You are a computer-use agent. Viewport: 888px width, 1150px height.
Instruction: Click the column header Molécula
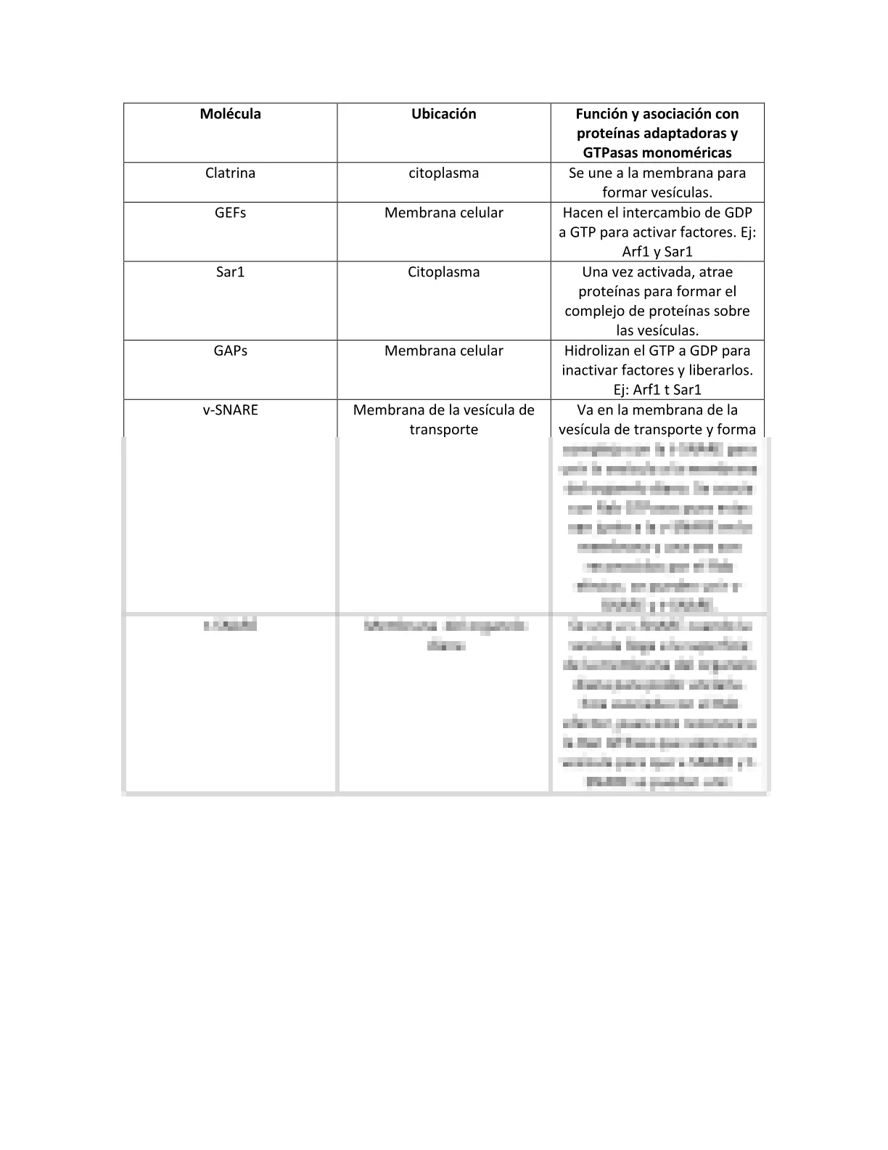tap(230, 114)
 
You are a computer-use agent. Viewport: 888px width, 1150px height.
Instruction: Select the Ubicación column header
tap(443, 114)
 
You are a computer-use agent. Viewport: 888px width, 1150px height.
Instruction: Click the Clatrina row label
tap(230, 174)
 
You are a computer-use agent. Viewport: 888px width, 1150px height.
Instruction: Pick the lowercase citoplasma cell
tap(443, 174)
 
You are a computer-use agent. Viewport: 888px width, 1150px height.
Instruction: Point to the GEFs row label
tap(230, 213)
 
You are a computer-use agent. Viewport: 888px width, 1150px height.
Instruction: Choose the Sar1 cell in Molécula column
tap(230, 272)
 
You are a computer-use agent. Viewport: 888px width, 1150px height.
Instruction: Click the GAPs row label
tap(230, 351)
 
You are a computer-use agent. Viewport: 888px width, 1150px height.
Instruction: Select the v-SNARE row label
tap(230, 410)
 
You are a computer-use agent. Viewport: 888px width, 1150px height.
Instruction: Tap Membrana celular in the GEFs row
tap(443, 213)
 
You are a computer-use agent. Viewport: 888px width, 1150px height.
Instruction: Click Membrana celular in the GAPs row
tap(443, 351)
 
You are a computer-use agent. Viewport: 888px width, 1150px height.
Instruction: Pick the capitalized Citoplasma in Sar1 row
tap(443, 272)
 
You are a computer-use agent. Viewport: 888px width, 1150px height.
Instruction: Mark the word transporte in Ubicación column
tap(443, 430)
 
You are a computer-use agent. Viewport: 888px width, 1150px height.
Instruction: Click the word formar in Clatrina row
tap(623, 193)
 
